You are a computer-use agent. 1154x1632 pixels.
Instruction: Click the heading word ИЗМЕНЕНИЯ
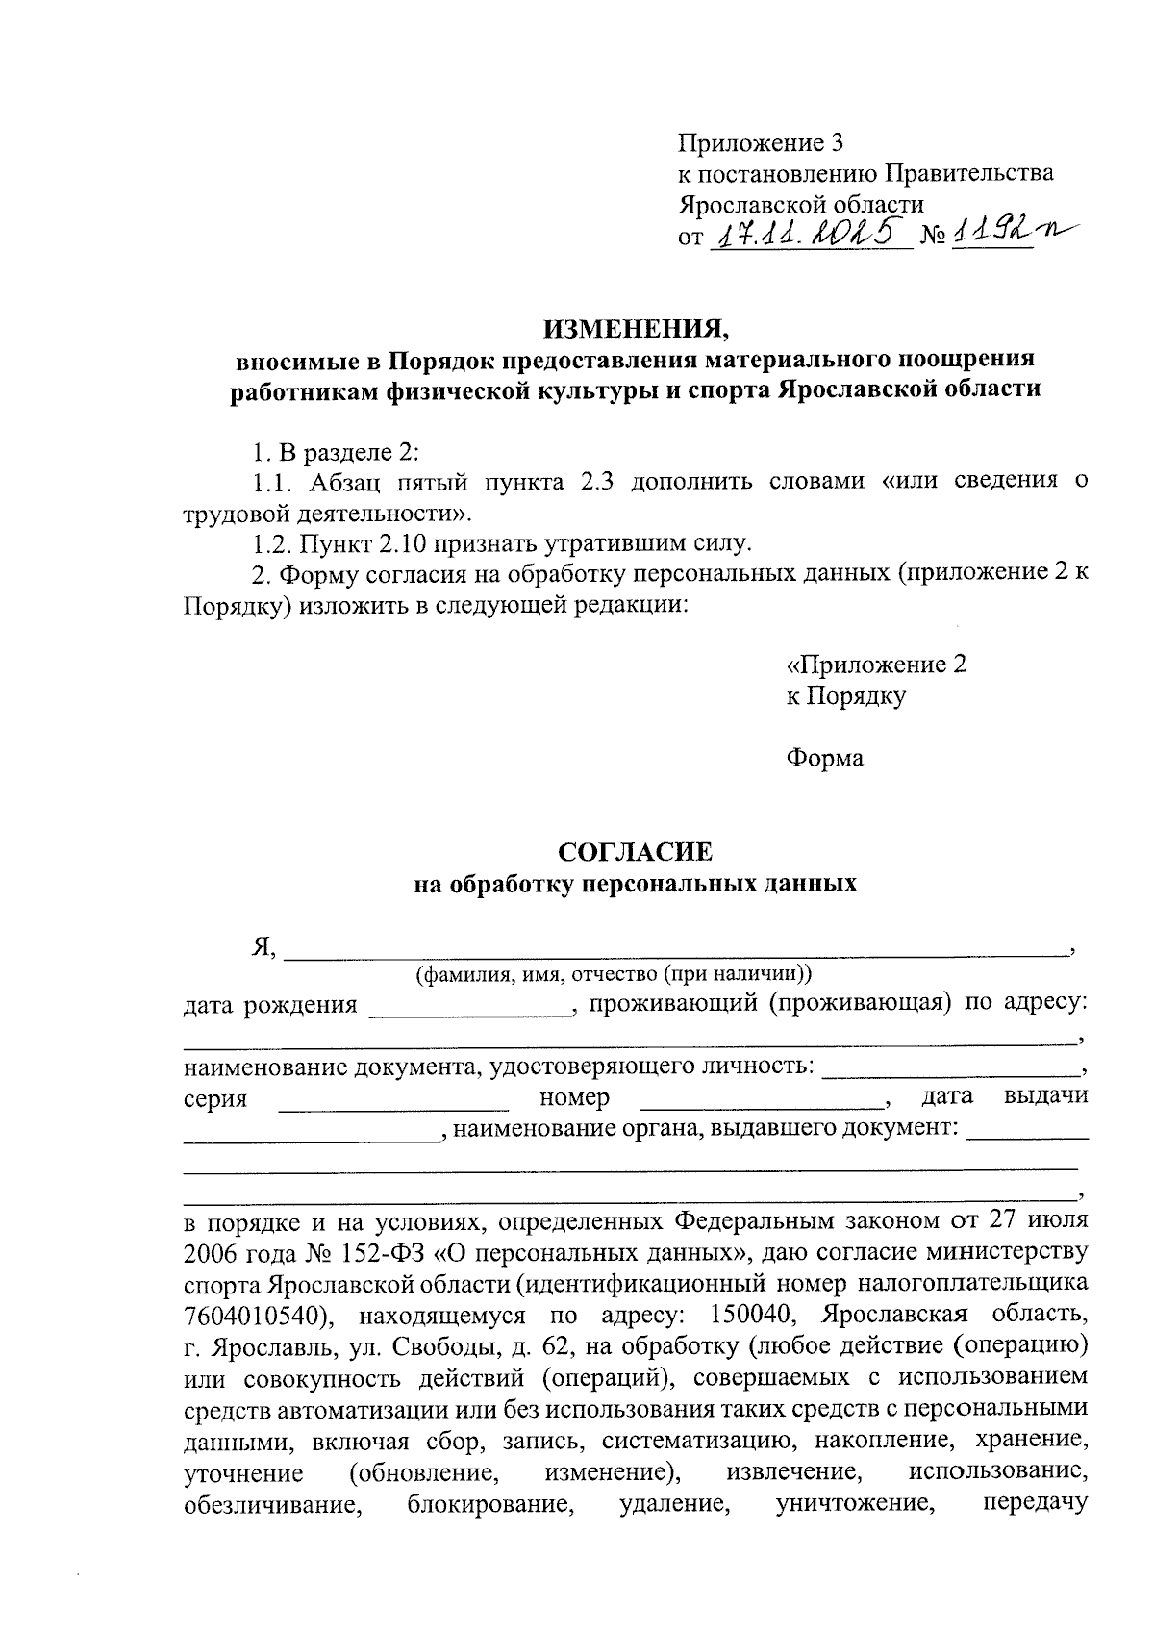click(x=636, y=330)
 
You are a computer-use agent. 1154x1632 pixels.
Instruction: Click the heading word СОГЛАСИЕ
click(x=636, y=852)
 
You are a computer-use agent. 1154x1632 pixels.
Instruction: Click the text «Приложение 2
click(x=876, y=665)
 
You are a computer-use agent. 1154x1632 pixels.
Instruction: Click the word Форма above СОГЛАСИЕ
click(x=824, y=758)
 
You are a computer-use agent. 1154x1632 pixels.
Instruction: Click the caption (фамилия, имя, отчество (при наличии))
click(x=614, y=974)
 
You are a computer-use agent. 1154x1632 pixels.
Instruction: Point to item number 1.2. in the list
click(x=272, y=544)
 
